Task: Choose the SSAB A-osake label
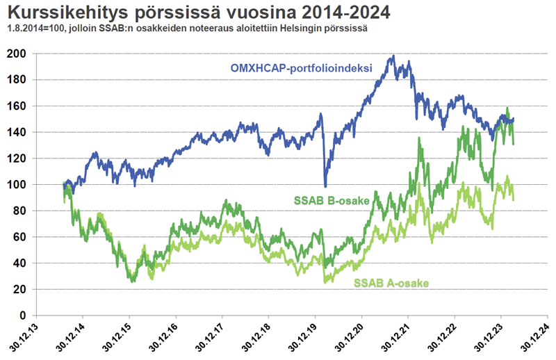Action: coord(391,283)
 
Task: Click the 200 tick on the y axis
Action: coord(35,54)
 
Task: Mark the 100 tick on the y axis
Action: coord(35,184)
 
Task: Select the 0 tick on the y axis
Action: coord(41,316)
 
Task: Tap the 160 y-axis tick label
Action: coord(35,106)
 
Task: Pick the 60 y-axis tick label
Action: coord(38,237)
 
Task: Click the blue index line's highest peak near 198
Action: coord(393,56)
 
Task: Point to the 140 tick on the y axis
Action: coord(35,132)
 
